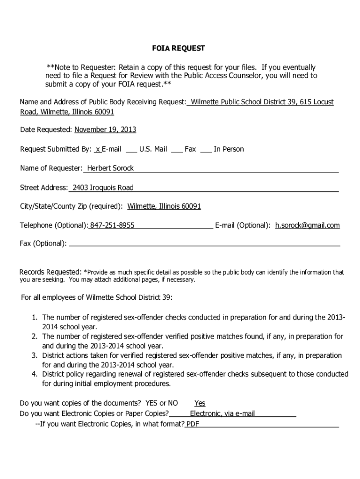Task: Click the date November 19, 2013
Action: coord(105,130)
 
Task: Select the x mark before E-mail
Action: coord(97,149)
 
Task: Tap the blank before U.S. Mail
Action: coord(131,149)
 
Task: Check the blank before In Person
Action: coord(206,149)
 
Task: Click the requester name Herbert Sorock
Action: coord(110,168)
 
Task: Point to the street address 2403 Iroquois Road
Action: coord(103,188)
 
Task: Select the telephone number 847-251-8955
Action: coord(112,225)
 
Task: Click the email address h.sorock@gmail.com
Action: coord(307,225)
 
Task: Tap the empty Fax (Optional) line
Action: coord(204,244)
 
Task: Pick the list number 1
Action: coord(35,318)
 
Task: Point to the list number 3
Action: coord(35,356)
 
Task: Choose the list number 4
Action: coord(35,374)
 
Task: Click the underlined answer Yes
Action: coord(200,403)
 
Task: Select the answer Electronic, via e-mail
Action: coord(222,414)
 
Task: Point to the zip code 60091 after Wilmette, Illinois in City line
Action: coord(191,206)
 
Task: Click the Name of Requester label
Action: coord(51,168)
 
